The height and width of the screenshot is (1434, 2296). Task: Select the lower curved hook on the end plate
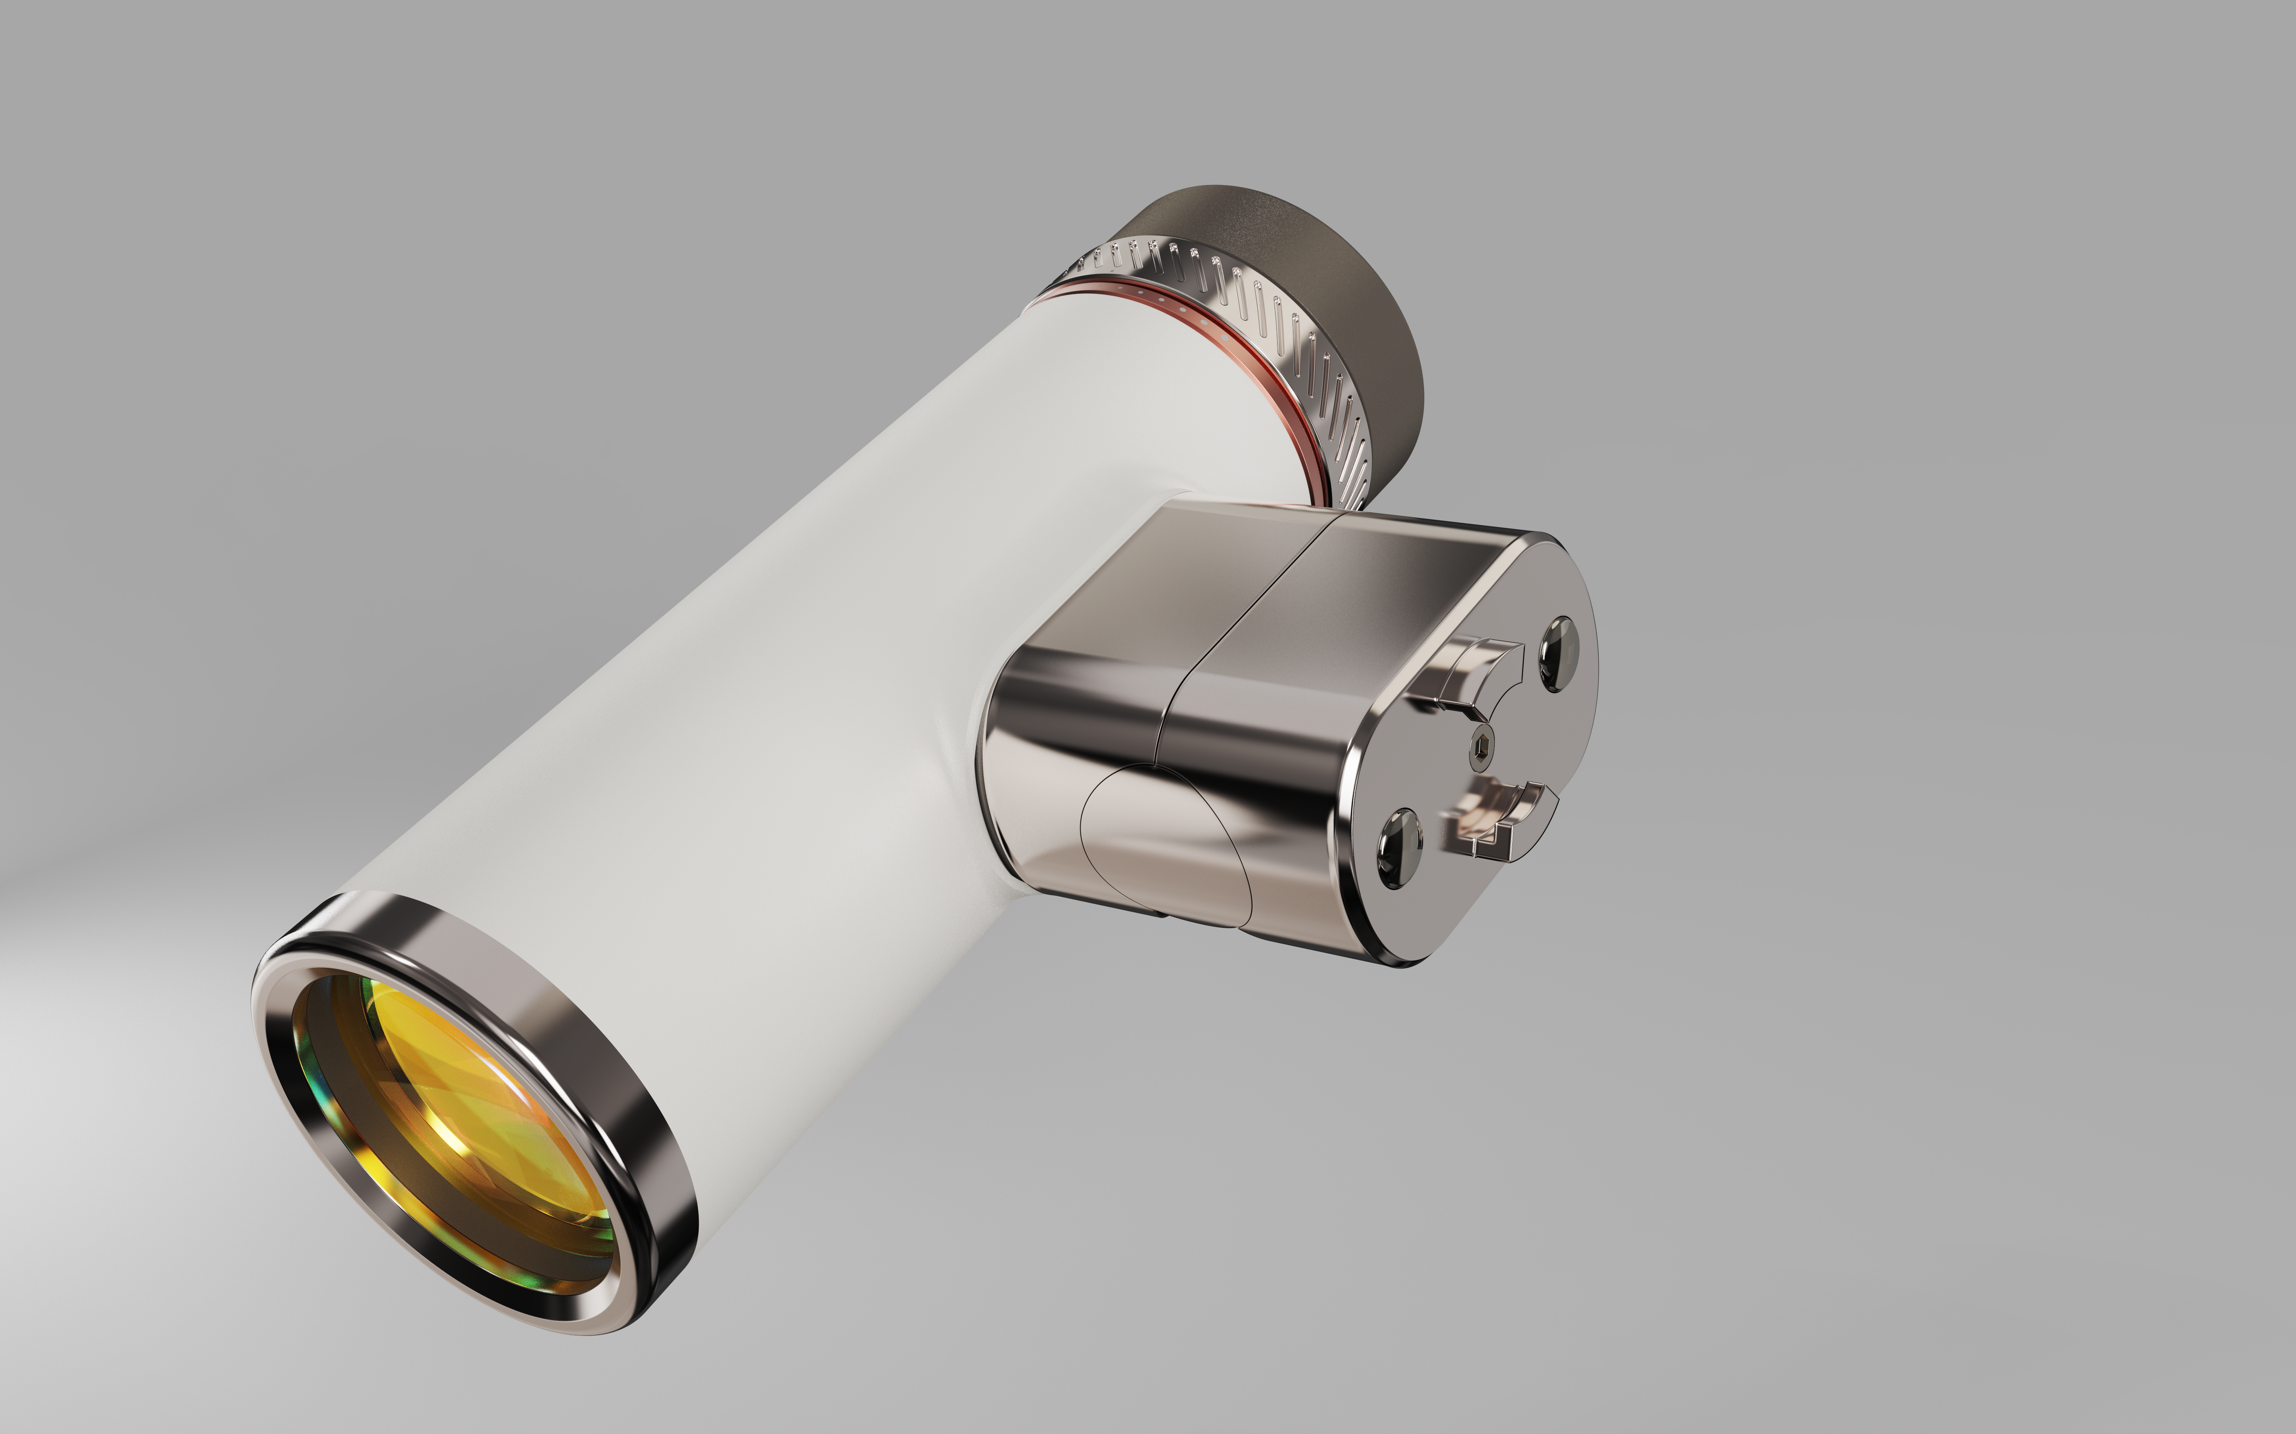pyautogui.click(x=1503, y=816)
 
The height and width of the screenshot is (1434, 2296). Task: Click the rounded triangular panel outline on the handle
pyautogui.click(x=1162, y=844)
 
